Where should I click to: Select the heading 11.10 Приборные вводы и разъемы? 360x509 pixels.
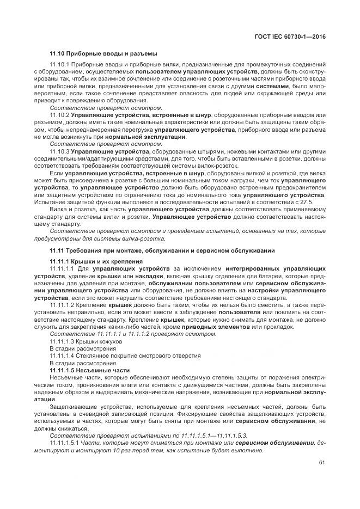point(103,53)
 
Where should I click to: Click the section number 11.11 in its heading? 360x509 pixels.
point(57,250)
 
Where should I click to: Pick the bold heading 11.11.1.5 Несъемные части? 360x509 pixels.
point(89,370)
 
